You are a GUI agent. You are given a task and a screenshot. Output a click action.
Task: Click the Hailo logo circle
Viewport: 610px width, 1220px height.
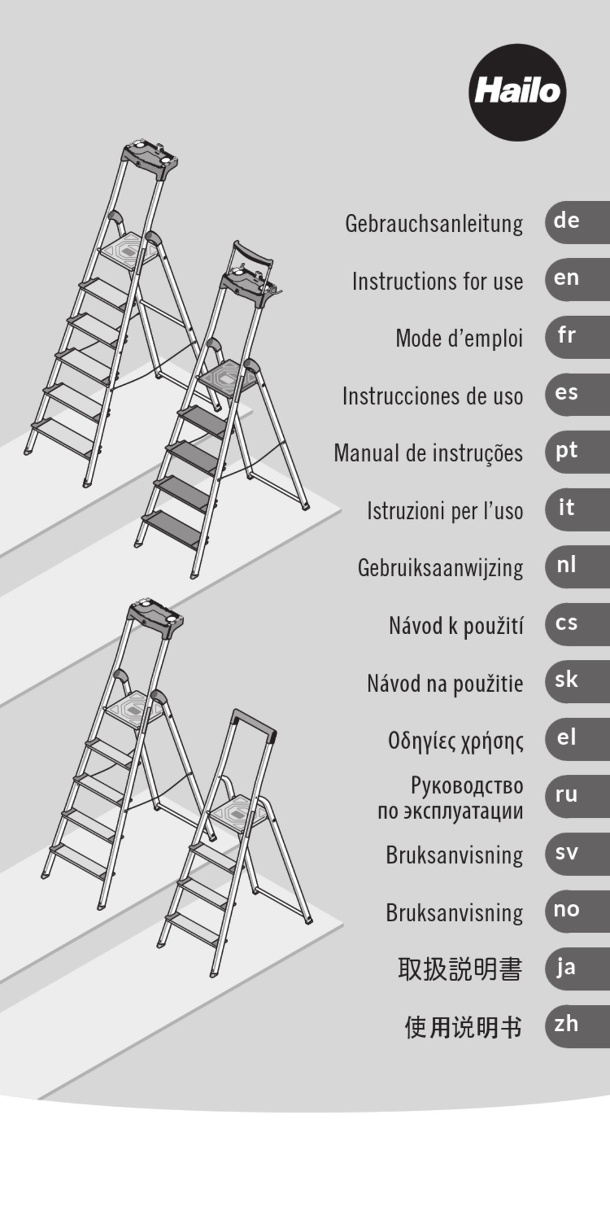[x=518, y=93]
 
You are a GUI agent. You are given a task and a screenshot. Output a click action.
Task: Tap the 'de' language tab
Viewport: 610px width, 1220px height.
[x=577, y=222]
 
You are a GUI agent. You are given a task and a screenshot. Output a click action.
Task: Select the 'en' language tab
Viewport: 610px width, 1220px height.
[x=577, y=279]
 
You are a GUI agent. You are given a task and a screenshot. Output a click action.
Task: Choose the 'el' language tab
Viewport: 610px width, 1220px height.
[x=577, y=738]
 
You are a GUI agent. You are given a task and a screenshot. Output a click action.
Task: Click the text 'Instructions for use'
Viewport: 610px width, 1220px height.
[x=437, y=281]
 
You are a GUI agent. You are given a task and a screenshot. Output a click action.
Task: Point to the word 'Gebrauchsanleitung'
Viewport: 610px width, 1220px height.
[x=434, y=224]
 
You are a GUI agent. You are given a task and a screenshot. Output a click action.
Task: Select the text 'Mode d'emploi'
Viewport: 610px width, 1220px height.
[x=459, y=339]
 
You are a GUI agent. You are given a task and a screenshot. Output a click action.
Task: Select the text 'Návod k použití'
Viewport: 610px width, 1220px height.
[x=456, y=626]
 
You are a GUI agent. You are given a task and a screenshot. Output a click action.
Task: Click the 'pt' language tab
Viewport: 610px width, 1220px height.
[x=577, y=452]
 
